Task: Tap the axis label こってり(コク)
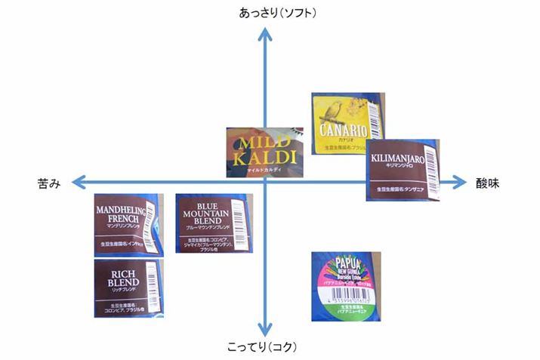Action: point(262,347)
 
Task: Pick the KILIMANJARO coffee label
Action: point(403,169)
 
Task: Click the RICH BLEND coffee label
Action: point(128,288)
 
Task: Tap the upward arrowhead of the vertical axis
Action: point(264,32)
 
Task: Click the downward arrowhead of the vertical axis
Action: point(264,331)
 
